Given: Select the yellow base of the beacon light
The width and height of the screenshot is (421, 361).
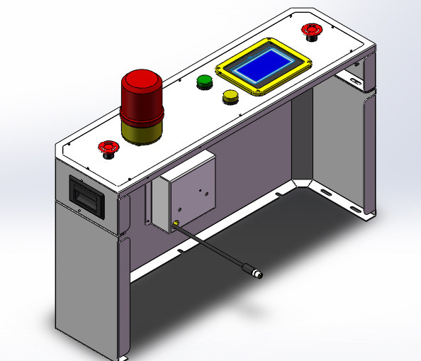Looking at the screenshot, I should click(x=142, y=131).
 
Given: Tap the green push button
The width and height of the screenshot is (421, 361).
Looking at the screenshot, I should click(x=205, y=82).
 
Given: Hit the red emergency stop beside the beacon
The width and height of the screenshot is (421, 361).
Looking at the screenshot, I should click(x=108, y=148).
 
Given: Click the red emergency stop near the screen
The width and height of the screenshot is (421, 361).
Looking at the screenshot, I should click(x=310, y=30).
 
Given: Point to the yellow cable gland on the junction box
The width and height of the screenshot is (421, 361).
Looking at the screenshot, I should click(x=175, y=226).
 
